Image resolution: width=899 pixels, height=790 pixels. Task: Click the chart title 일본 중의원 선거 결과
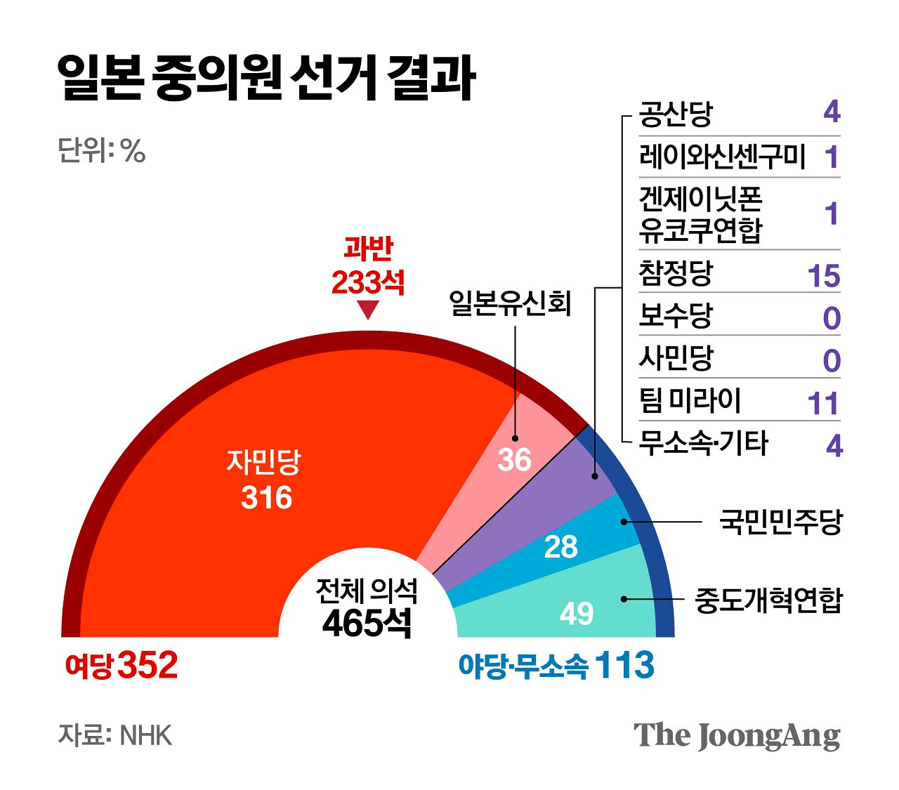pos(266,78)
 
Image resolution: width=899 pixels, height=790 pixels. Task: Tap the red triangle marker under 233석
pos(368,310)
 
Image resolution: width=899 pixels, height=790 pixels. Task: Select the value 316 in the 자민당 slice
pos(266,498)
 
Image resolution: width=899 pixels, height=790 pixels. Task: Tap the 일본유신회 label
pos(511,304)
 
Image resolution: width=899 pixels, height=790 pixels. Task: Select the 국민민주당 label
pos(780,522)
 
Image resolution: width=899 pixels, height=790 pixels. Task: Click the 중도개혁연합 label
pos(768,600)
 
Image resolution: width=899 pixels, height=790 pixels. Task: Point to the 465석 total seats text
pos(367,622)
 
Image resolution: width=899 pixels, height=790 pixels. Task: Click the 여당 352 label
pos(121,665)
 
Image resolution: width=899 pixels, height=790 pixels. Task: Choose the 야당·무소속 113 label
pos(556,665)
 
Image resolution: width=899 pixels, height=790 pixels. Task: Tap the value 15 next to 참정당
pos(823,276)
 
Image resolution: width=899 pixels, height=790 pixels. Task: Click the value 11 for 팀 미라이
pos(823,404)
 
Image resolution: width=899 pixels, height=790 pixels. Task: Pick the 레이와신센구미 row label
pos(722,157)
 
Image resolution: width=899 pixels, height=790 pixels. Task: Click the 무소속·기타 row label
pos(704,444)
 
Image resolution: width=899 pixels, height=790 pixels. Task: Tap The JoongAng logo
pos(737,735)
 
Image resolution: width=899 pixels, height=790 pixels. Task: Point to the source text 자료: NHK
pos(115,735)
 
